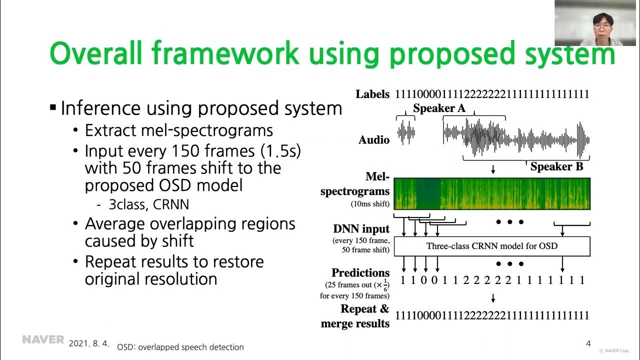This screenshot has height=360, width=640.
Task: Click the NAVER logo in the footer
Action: [43, 340]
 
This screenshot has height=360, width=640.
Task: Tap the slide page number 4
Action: [588, 343]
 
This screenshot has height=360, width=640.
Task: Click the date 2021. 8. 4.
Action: [89, 344]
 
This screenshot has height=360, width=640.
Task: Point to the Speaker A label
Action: [439, 108]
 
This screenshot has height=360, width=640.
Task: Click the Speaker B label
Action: [556, 166]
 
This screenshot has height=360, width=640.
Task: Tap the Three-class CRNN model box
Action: [492, 246]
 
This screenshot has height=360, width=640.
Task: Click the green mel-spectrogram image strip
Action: [492, 193]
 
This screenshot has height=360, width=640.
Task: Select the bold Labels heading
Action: [372, 94]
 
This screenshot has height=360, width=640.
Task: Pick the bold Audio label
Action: [373, 140]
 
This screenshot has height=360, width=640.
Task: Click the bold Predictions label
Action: [360, 273]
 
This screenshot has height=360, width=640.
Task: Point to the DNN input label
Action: [361, 229]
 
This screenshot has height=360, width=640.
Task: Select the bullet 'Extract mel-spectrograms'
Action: [178, 130]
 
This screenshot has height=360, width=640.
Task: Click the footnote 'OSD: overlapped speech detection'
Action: [180, 347]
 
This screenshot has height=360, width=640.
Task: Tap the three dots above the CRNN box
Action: [509, 222]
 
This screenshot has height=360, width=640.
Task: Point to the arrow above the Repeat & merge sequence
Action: [493, 298]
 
